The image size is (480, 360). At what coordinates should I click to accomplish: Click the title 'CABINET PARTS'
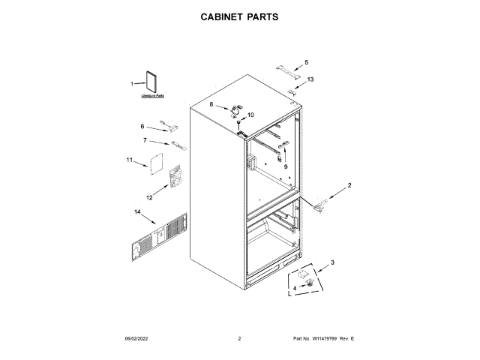[x=240, y=16]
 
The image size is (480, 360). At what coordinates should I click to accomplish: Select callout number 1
[x=132, y=84]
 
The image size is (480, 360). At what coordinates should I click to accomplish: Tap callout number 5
[x=306, y=62]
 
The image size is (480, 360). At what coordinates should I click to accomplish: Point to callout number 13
[x=310, y=79]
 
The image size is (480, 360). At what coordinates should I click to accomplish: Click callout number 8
[x=211, y=104]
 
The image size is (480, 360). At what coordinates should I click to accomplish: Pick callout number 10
[x=250, y=115]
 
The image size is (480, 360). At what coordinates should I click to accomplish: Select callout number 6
[x=142, y=126]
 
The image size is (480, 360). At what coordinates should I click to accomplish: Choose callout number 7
[x=145, y=140]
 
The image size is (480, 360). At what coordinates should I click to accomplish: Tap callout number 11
[x=129, y=160]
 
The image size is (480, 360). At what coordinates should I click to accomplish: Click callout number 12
[x=148, y=197]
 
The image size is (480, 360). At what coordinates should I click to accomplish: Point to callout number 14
[x=136, y=212]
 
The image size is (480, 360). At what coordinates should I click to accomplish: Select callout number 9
[x=285, y=166]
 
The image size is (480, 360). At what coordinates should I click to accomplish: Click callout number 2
[x=349, y=184]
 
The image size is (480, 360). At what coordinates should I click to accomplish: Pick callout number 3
[x=332, y=262]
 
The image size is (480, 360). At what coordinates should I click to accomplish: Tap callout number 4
[x=295, y=287]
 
